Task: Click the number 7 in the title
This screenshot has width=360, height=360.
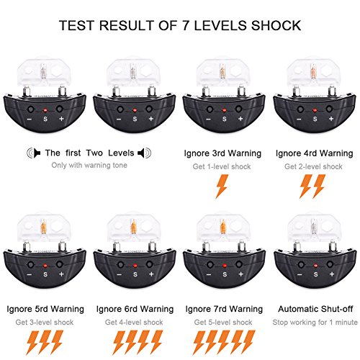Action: tap(186, 25)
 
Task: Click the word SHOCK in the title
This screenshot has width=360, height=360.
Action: tap(276, 25)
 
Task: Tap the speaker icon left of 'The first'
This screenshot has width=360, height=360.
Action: tap(34, 153)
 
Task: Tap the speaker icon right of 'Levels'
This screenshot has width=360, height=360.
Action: tap(145, 153)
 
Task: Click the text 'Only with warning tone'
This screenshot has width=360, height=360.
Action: tap(89, 165)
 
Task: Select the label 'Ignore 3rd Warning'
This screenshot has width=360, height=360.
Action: tap(222, 153)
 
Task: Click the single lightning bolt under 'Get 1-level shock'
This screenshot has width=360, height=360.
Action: tap(222, 186)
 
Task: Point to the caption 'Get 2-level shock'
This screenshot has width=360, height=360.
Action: tap(313, 166)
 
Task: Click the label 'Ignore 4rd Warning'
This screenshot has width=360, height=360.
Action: tap(314, 153)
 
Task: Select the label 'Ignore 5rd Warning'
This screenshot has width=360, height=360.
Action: tap(45, 309)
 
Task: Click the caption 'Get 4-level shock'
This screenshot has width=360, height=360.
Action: tap(134, 322)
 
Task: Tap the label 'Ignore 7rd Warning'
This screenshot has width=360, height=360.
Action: tap(224, 309)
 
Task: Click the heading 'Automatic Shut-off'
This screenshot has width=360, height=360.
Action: tap(315, 309)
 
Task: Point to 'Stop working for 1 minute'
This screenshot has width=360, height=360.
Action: tap(315, 322)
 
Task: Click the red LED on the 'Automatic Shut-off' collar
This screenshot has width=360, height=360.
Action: tap(315, 266)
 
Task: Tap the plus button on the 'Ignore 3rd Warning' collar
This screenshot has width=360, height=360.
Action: tap(238, 109)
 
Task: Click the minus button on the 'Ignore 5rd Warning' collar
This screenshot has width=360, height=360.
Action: tap(30, 264)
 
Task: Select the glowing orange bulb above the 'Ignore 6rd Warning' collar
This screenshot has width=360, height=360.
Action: tap(134, 227)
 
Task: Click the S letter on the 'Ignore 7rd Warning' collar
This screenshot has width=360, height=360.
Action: tap(225, 274)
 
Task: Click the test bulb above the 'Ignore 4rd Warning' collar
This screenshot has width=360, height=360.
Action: tap(313, 71)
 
